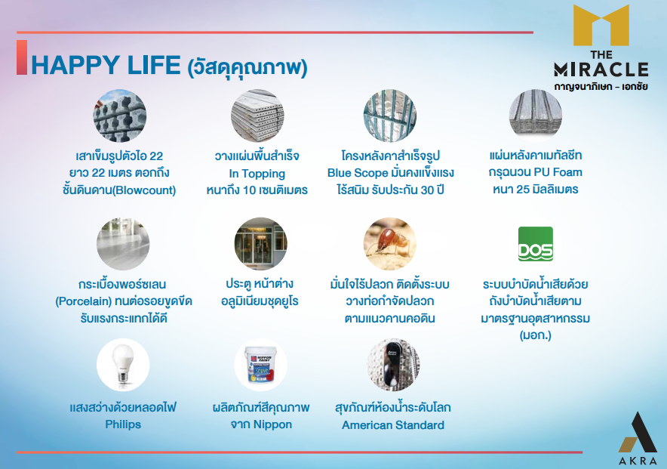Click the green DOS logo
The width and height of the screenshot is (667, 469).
click(536, 244)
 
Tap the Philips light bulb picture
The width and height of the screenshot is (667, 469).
click(123, 365)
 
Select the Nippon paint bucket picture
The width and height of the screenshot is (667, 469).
click(261, 365)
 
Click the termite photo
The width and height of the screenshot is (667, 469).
click(389, 244)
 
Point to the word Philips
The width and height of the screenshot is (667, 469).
click(123, 424)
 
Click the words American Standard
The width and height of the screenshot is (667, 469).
click(393, 424)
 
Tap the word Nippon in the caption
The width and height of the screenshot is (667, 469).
click(272, 424)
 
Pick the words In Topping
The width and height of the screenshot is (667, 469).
click(257, 174)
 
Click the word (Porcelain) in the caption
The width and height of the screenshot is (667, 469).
click(83, 301)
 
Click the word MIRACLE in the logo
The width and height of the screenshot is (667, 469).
click(601, 69)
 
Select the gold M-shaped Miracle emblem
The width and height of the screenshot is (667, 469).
click(601, 25)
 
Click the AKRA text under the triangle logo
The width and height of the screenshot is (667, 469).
click(638, 461)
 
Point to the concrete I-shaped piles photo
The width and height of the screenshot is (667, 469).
click(120, 116)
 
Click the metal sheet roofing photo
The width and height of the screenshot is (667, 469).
click(536, 116)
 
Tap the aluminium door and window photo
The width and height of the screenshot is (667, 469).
click(261, 244)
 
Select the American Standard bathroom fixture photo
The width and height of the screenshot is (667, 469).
click(393, 365)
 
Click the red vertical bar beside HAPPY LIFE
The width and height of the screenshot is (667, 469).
click(22, 57)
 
